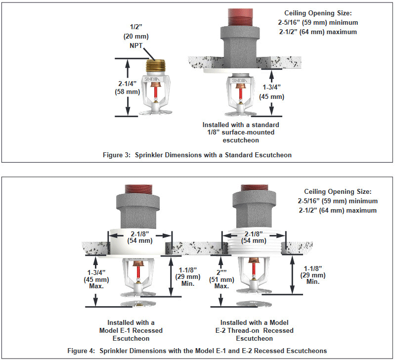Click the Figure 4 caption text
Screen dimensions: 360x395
pos(197,351)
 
